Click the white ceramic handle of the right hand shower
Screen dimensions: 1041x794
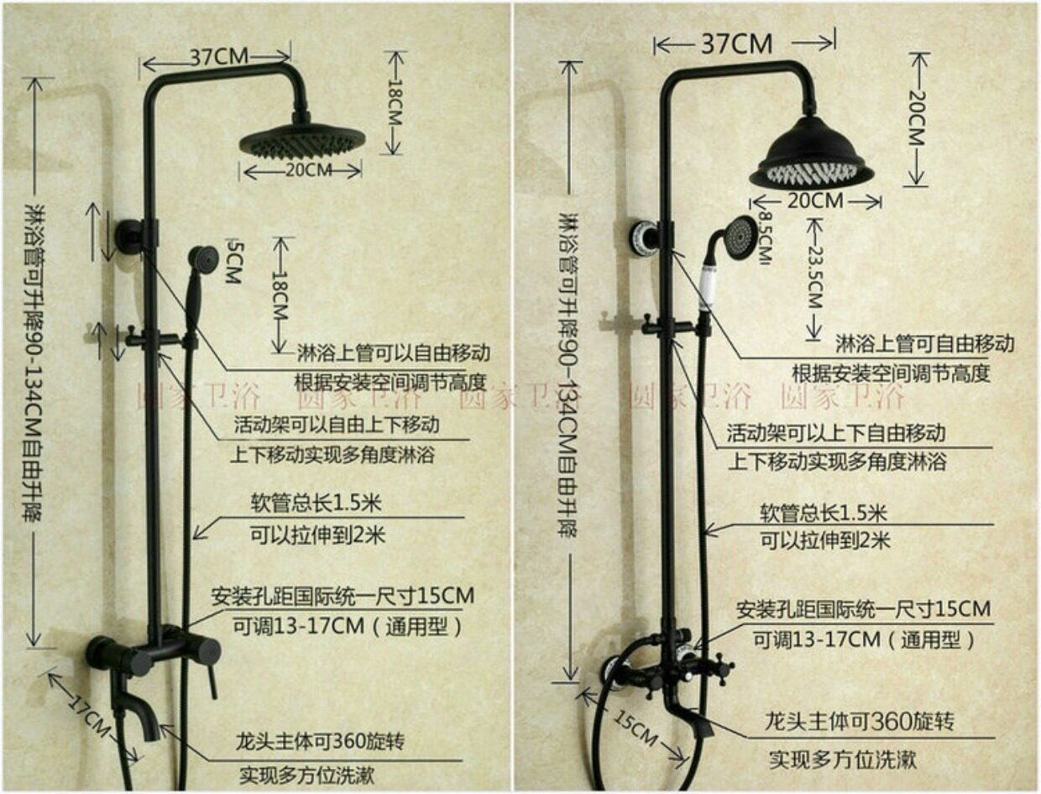(708, 286)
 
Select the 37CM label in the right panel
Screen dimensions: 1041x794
(737, 42)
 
